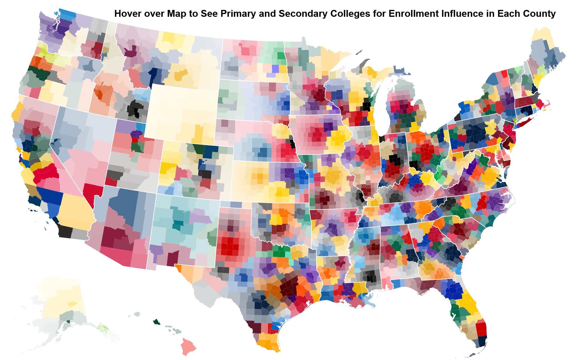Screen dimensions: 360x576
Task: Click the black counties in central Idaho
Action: pos(134,109)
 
